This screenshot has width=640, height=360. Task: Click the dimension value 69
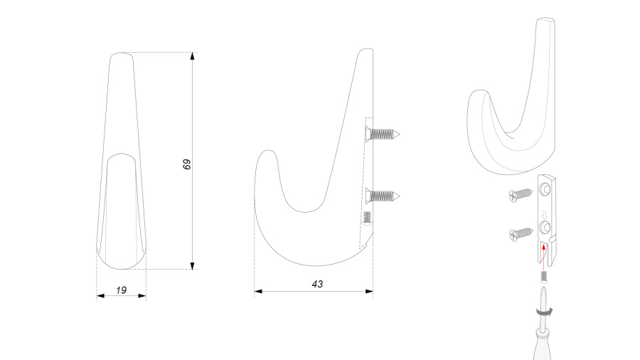[186, 164]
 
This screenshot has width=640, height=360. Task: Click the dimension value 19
[121, 290]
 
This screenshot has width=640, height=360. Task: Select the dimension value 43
[317, 284]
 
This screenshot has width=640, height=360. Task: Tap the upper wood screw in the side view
[383, 134]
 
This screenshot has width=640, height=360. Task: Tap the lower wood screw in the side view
[383, 196]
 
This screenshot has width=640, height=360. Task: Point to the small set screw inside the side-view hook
[368, 218]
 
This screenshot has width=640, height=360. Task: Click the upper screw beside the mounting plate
[521, 195]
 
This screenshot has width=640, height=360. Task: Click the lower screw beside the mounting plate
[521, 234]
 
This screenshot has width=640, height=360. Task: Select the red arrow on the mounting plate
[544, 256]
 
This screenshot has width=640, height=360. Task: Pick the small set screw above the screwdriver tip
[544, 277]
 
